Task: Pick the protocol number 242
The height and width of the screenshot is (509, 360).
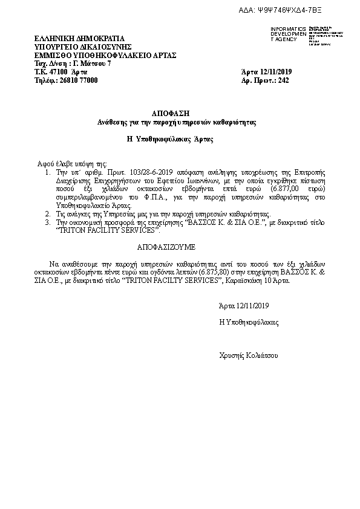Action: tap(284, 80)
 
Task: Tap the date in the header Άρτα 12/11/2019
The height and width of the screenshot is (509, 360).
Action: tap(266, 72)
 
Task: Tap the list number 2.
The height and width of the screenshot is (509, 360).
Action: tap(48, 215)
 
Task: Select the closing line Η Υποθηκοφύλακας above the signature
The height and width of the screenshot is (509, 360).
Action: tap(249, 323)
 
